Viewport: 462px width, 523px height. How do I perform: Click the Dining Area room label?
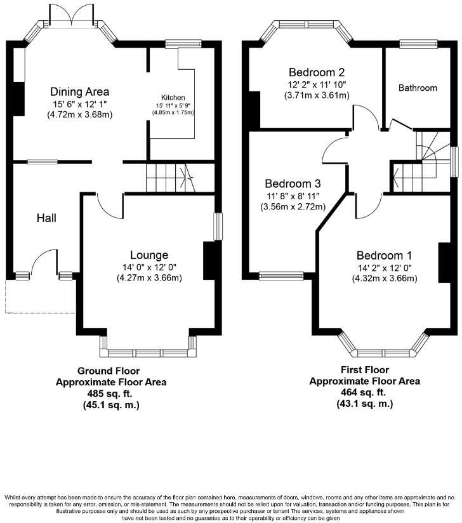pyautogui.click(x=80, y=91)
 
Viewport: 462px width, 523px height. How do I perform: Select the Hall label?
pyautogui.click(x=46, y=218)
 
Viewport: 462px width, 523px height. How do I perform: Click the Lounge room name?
pyautogui.click(x=149, y=256)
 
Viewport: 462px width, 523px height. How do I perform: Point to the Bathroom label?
pyautogui.click(x=418, y=88)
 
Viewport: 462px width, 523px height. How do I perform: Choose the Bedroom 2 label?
pyautogui.click(x=317, y=72)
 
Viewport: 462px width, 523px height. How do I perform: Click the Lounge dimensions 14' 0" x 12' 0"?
pyautogui.click(x=149, y=267)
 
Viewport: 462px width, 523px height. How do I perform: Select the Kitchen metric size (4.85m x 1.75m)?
pyautogui.click(x=172, y=112)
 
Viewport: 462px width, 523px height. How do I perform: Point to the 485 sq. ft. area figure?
pyautogui.click(x=111, y=394)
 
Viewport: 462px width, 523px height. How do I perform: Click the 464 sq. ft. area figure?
pyautogui.click(x=364, y=392)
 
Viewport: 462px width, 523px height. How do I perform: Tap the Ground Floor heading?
pyautogui.click(x=109, y=371)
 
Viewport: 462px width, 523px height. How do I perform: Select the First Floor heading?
pyautogui.click(x=364, y=369)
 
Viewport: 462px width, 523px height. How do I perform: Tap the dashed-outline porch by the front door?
pyautogui.click(x=38, y=296)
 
